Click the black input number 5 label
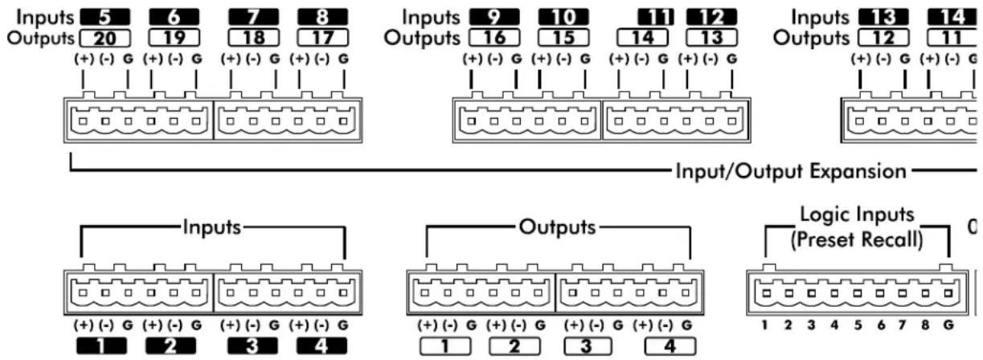pyautogui.click(x=105, y=17)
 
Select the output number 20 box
pyautogui.click(x=105, y=38)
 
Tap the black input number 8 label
pyautogui.click(x=322, y=17)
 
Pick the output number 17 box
pyautogui.click(x=322, y=38)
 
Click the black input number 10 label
pyautogui.click(x=563, y=17)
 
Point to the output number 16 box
pyautogui.click(x=494, y=38)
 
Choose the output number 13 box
pyautogui.click(x=711, y=38)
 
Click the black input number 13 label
pyautogui.click(x=883, y=17)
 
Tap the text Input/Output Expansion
pyautogui.click(x=791, y=171)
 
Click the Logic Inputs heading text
pyautogui.click(x=857, y=215)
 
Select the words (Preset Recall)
pyautogui.click(x=857, y=239)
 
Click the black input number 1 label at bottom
pyautogui.click(x=101, y=346)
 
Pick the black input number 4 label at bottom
pyautogui.click(x=322, y=346)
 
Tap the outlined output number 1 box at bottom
pyautogui.click(x=445, y=346)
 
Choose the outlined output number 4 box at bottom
pyautogui.click(x=670, y=346)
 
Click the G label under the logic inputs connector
pyautogui.click(x=948, y=325)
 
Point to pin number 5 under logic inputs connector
pyautogui.click(x=858, y=325)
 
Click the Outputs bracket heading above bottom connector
pyautogui.click(x=557, y=227)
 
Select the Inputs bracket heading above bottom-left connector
pyautogui.click(x=212, y=227)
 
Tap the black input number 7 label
pyautogui.click(x=254, y=17)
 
